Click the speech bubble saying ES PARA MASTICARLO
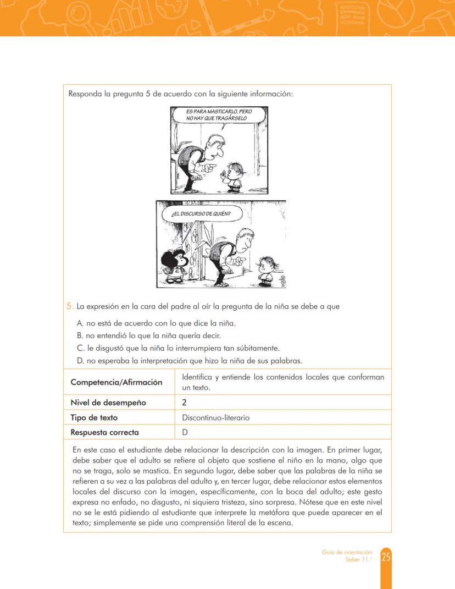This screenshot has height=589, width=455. point(219,115)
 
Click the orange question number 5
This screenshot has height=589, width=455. point(70,306)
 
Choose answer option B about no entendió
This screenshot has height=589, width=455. point(149,335)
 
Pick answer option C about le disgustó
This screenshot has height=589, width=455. point(179,348)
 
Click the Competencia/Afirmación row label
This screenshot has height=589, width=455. point(116,382)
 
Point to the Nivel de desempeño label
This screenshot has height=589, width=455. point(108,403)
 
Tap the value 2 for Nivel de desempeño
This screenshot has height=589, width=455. point(185,403)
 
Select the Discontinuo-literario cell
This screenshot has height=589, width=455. point(215,417)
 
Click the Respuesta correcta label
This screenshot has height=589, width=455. point(104,432)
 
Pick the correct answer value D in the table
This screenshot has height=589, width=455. point(185,432)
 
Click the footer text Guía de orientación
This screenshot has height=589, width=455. point(347,552)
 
